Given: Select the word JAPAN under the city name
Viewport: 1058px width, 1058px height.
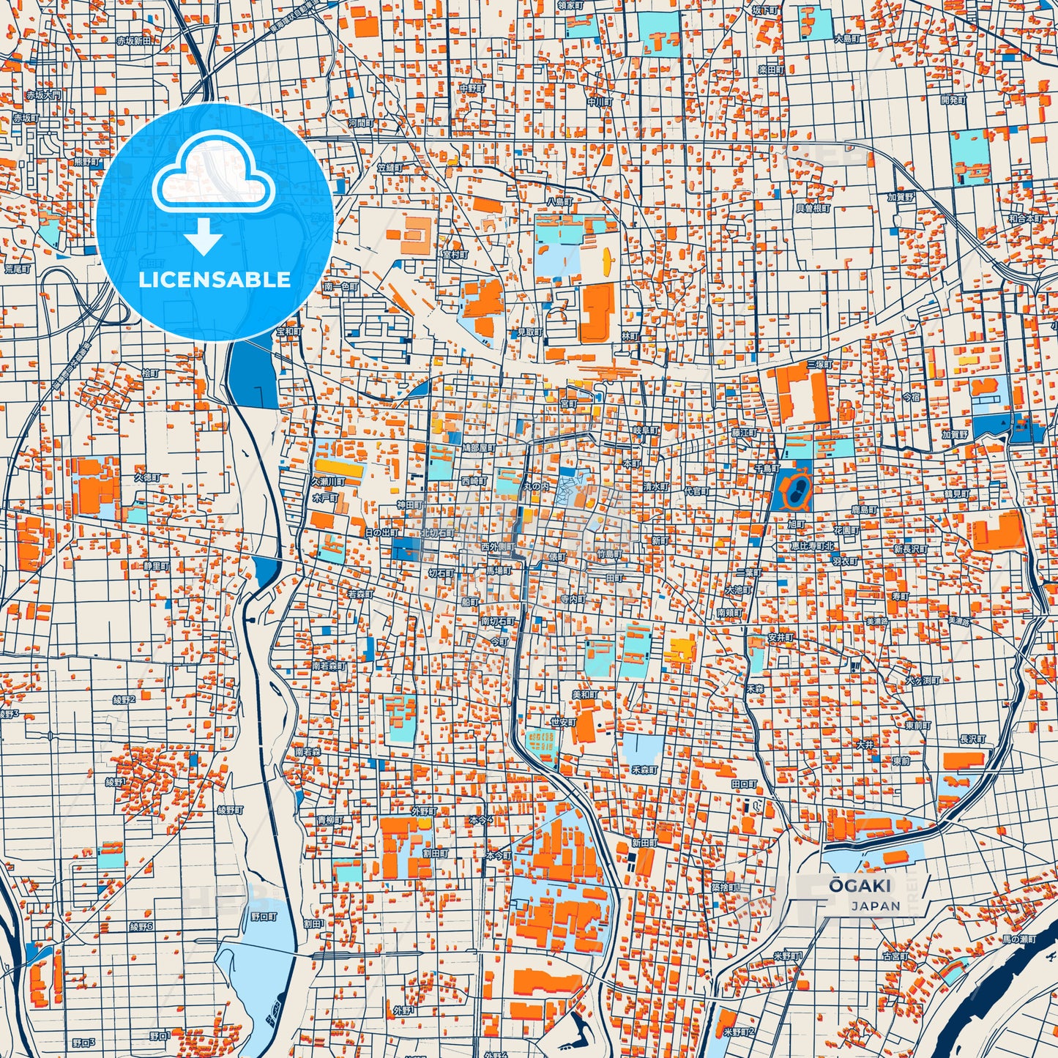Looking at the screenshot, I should [x=875, y=906].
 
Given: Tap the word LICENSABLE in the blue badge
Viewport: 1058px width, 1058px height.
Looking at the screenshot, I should [x=215, y=280].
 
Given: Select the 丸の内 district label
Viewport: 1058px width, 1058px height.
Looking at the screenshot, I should [x=534, y=486].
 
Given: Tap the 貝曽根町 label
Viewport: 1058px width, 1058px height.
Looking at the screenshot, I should [x=813, y=208].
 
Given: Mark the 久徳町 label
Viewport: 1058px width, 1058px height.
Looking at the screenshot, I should [x=146, y=477].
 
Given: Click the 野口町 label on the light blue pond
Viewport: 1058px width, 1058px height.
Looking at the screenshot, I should [x=264, y=916].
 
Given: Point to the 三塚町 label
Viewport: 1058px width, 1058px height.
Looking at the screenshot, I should [x=819, y=364].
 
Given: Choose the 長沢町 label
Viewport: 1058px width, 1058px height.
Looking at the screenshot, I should [x=972, y=740].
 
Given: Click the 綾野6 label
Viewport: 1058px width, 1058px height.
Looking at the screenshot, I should [x=141, y=926].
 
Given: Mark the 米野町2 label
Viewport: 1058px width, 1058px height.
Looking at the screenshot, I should [x=738, y=1032].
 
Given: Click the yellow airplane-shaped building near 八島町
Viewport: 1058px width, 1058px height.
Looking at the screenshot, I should [x=606, y=258].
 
